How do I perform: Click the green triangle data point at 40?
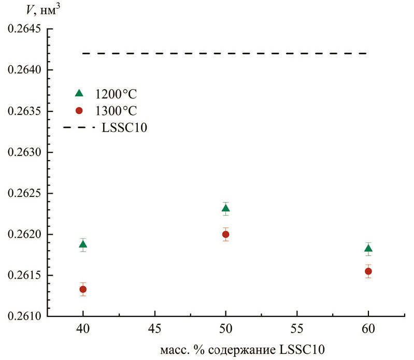tap(83, 244)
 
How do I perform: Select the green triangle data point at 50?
tap(225, 208)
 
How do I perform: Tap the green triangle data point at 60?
tap(368, 249)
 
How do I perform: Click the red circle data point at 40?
tap(83, 290)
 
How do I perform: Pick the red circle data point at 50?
tap(225, 234)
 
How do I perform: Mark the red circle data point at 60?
tap(368, 271)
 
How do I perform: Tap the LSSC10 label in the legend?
tap(123, 127)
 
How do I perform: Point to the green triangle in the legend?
tap(79, 93)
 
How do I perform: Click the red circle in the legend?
tap(79, 110)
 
